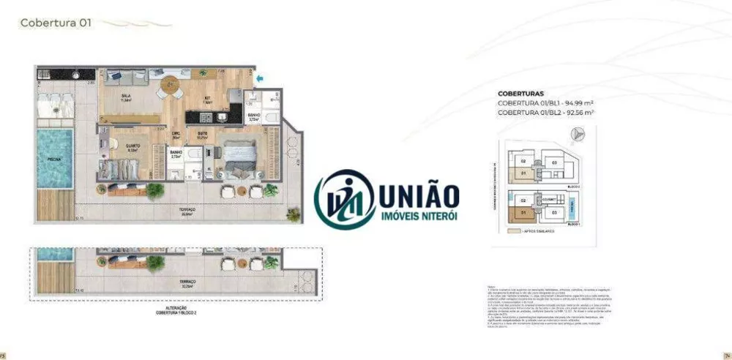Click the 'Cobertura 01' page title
(55, 23)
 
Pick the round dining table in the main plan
(171, 83)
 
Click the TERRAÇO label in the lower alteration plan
(188, 285)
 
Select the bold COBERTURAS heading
(520, 94)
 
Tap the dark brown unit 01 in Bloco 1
(524, 214)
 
